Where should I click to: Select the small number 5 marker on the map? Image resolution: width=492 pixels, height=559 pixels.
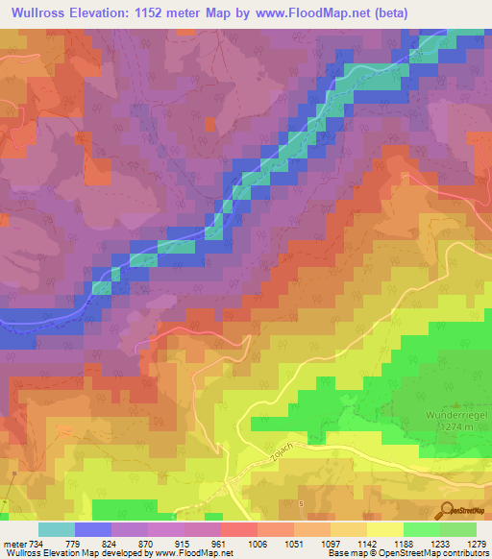pyautogui.click(x=300, y=502)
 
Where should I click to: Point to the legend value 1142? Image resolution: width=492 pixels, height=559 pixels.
pyautogui.click(x=367, y=544)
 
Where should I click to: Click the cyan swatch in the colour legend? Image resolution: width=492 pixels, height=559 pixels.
pyautogui.click(x=56, y=529)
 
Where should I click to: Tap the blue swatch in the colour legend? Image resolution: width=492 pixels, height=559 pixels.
pyautogui.click(x=92, y=529)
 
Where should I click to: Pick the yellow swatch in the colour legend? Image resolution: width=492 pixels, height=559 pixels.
pyautogui.click(x=384, y=529)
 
